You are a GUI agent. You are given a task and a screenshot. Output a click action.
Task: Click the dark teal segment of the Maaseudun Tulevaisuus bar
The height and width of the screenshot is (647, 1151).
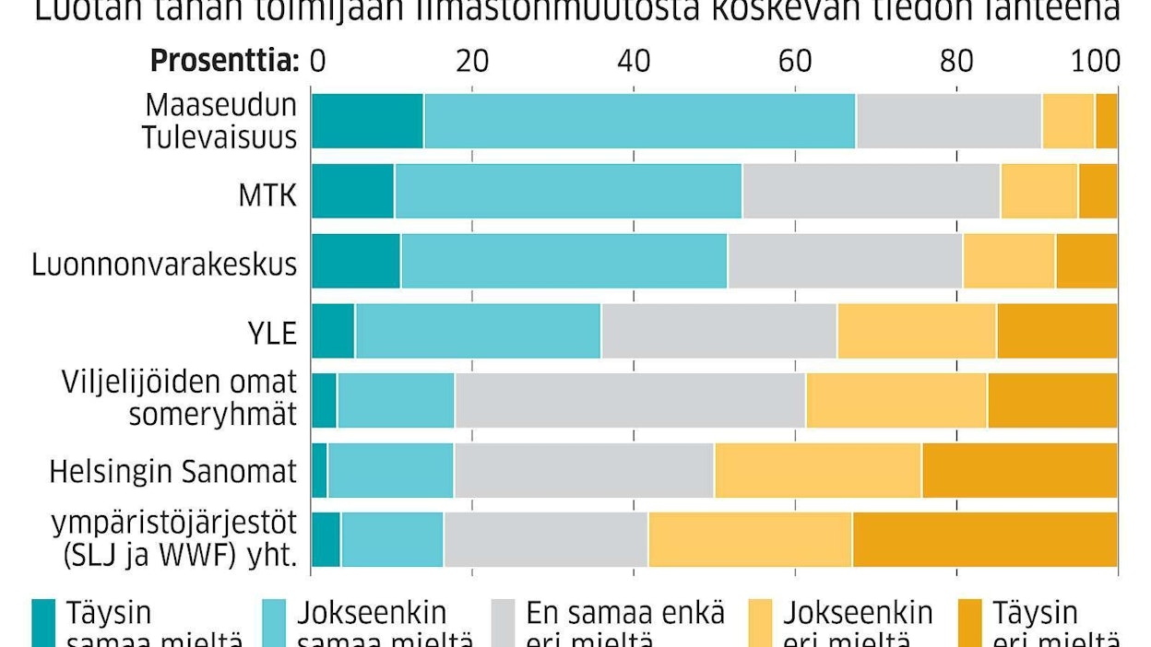point(367,121)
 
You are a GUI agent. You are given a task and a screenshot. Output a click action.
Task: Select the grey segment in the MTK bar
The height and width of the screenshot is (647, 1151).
point(871,191)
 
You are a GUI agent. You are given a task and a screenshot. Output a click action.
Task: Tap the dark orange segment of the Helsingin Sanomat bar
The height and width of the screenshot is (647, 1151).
point(1019,471)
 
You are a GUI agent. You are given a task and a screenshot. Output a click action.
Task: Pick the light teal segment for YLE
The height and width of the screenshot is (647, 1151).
point(478,331)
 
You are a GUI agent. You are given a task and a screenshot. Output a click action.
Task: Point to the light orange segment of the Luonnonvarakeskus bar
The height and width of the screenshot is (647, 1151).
point(1008,261)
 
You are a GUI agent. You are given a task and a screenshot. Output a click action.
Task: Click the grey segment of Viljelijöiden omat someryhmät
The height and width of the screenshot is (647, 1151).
point(630,401)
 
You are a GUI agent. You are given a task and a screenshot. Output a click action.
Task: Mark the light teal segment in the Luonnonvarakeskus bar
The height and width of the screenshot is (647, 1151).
point(564,261)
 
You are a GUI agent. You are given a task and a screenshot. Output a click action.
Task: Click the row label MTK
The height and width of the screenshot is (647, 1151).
point(267,194)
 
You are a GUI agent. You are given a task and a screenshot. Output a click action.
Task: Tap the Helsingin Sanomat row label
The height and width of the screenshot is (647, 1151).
point(173,472)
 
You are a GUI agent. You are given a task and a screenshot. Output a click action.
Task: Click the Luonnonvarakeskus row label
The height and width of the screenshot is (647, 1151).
point(164,264)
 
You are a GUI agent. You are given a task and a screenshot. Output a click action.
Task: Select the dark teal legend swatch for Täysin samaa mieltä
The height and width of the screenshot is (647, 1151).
point(43,621)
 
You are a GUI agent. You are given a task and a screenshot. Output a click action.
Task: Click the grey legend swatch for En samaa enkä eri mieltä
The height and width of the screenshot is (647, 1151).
point(504,621)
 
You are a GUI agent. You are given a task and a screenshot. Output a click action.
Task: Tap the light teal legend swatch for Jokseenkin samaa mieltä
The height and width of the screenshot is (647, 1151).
point(274,621)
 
